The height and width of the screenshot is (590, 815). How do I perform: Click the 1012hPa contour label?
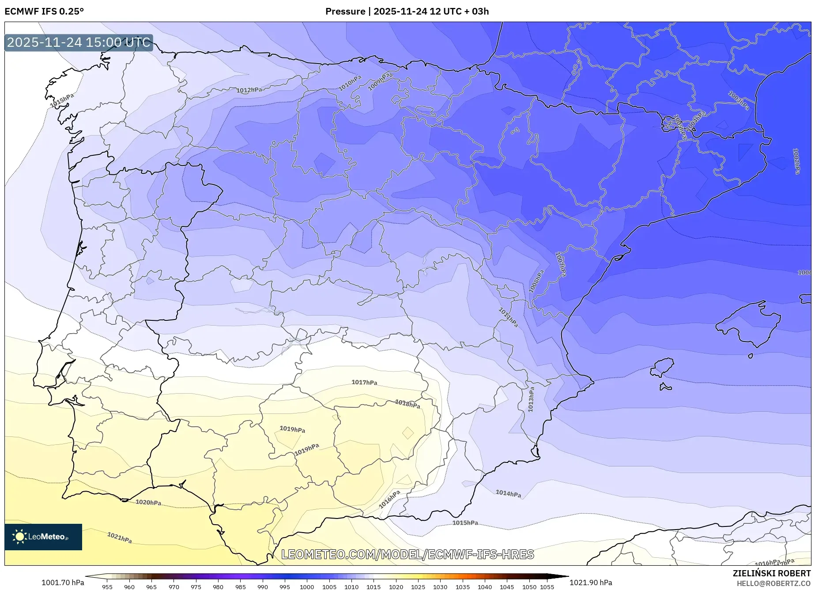click(x=249, y=90)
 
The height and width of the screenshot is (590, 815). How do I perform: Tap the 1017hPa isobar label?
click(x=364, y=382)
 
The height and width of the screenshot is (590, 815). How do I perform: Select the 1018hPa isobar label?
click(x=407, y=404)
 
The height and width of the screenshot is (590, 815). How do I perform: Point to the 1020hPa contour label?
click(x=148, y=502)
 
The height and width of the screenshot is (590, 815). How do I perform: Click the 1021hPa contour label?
click(x=120, y=537)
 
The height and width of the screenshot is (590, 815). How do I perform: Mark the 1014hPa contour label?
click(x=508, y=494)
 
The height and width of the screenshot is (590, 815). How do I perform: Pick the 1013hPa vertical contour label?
click(x=531, y=399)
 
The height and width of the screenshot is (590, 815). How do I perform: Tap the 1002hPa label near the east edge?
click(x=796, y=161)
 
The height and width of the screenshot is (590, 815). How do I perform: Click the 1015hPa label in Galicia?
click(x=62, y=101)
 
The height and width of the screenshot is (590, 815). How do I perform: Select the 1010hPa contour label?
click(x=350, y=83)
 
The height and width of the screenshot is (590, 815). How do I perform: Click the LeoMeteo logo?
click(x=43, y=537)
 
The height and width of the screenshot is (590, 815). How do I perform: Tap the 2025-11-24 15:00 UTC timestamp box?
click(x=79, y=43)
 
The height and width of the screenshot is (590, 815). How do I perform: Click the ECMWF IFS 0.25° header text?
click(x=44, y=11)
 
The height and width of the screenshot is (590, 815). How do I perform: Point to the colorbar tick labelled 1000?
click(x=307, y=587)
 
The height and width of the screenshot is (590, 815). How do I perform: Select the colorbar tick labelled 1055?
click(x=547, y=587)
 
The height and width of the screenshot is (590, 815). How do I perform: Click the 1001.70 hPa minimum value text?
click(x=63, y=582)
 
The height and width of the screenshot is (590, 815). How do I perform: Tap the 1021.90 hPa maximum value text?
click(x=591, y=582)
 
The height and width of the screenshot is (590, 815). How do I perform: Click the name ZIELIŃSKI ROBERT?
click(x=771, y=573)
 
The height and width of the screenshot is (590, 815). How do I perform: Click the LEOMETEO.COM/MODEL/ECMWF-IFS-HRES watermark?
click(x=407, y=554)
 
